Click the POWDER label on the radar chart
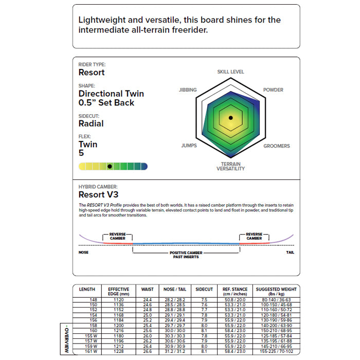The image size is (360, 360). [273, 90]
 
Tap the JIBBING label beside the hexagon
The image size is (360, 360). [188, 90]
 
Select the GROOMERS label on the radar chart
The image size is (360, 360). [277, 146]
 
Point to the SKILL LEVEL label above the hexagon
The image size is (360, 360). [230, 72]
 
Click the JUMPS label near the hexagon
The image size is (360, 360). [189, 146]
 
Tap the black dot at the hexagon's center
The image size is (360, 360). [231, 118]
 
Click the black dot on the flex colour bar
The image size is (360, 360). [110, 166]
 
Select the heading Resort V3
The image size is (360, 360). [98, 195]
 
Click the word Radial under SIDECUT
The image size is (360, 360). [91, 123]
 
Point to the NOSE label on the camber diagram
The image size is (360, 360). [83, 253]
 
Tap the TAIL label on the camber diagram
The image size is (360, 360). [290, 253]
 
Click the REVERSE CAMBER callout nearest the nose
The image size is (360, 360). [117, 236]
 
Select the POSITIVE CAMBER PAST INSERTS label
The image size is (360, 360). [186, 255]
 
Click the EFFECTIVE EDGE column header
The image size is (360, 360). [119, 292]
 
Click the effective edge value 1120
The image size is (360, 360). [119, 299]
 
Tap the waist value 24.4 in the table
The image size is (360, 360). [147, 299]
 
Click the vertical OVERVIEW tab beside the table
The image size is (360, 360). [66, 339]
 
